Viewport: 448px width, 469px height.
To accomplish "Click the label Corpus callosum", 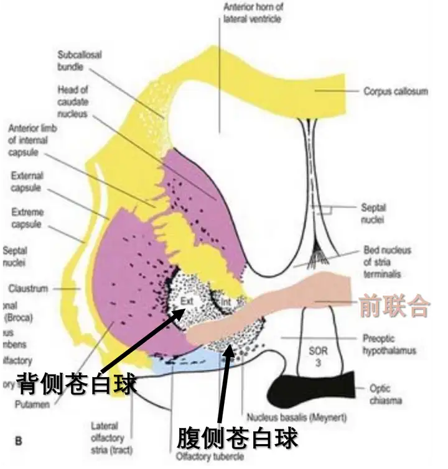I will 396,91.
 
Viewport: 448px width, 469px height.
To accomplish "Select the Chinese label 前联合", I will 393,306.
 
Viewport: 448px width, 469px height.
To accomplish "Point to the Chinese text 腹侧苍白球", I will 237,438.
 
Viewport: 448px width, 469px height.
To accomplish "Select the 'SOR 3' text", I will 318,356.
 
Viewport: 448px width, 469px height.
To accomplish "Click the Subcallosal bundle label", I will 79,60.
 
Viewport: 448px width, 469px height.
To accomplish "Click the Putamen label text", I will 30,404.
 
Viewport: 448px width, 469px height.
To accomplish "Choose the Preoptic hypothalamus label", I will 389,345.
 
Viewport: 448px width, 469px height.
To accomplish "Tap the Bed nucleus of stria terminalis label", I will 387,262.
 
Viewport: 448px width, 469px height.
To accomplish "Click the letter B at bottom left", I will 19,441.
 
